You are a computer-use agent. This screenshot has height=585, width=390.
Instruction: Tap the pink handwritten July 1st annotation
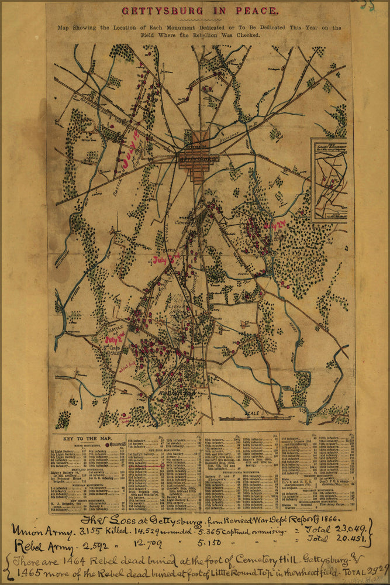(x=130, y=153)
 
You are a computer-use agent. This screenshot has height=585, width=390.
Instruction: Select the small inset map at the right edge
(x=329, y=180)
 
